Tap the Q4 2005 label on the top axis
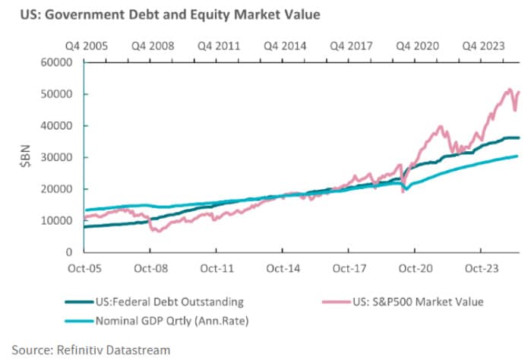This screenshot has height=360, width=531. tap(86, 46)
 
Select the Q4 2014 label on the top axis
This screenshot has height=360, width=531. tap(285, 46)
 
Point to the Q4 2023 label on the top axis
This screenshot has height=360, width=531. tap(484, 46)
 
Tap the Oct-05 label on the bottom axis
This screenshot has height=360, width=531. tap(83, 268)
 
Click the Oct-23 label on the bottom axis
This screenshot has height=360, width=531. tap(480, 268)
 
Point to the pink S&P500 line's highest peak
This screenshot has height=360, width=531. tap(508, 90)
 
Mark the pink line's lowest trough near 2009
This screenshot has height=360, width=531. tap(157, 230)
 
